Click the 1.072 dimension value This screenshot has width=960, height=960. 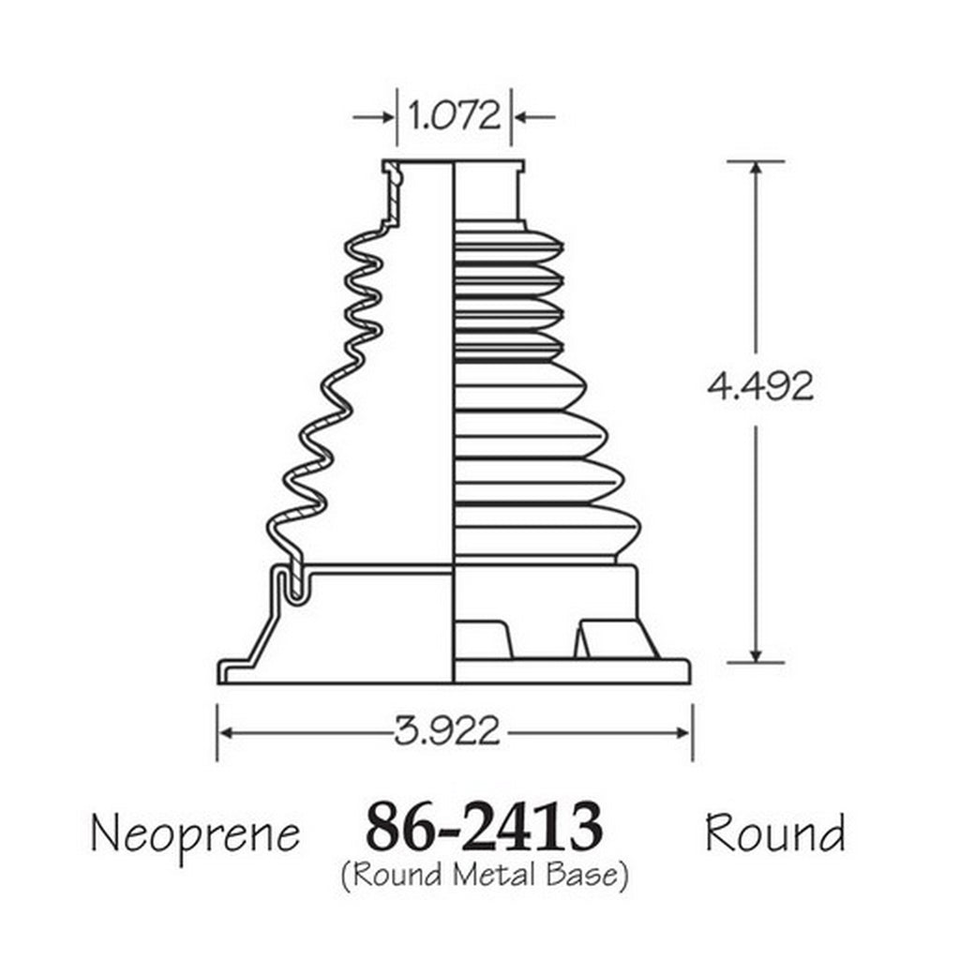[x=454, y=115]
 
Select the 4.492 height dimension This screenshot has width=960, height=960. [x=760, y=386]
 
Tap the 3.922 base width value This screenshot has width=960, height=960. [x=447, y=731]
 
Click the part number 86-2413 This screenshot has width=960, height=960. [x=484, y=826]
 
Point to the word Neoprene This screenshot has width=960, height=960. [x=195, y=834]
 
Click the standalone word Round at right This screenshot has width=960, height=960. [x=775, y=832]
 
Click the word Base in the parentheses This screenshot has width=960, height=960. [x=581, y=875]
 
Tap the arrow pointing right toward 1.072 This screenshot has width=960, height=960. [x=373, y=116]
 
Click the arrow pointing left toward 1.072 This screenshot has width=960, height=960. [x=534, y=116]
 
